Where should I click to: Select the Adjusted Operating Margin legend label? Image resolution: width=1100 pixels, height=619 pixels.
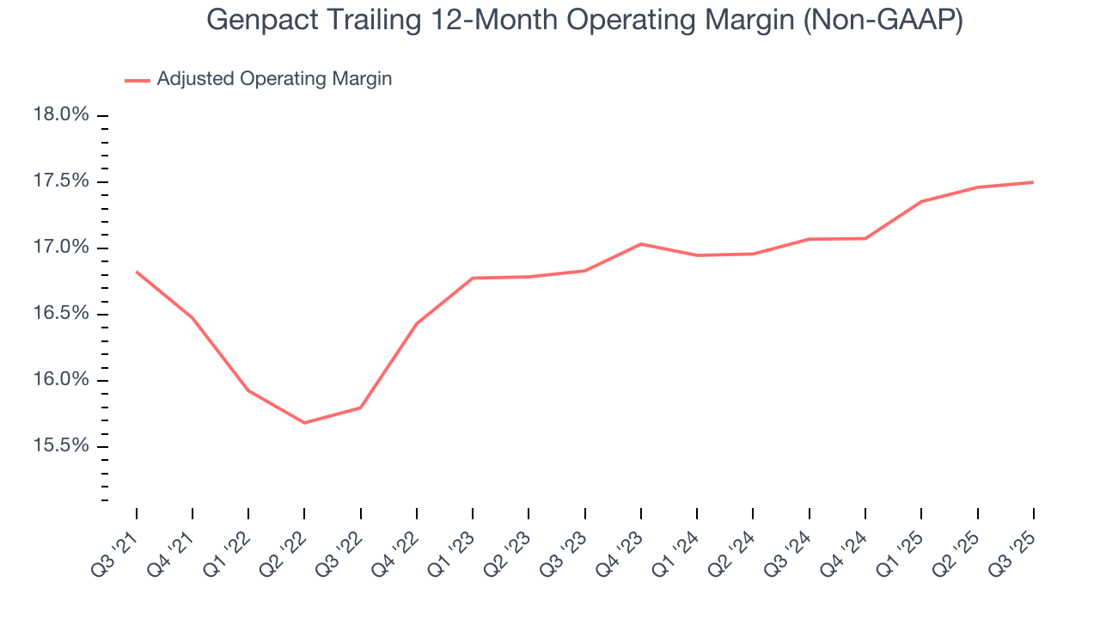[x=274, y=79]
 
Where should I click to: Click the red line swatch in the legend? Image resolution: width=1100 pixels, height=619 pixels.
[x=137, y=80]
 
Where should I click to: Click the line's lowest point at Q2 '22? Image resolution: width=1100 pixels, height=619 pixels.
[x=304, y=423]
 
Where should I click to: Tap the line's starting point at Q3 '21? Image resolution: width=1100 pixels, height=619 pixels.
[x=137, y=272]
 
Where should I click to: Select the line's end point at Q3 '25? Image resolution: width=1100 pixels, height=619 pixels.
[x=1032, y=182]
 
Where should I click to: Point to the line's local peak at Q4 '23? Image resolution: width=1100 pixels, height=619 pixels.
[x=641, y=244]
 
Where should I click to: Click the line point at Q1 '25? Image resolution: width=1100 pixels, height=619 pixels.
[x=920, y=202]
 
